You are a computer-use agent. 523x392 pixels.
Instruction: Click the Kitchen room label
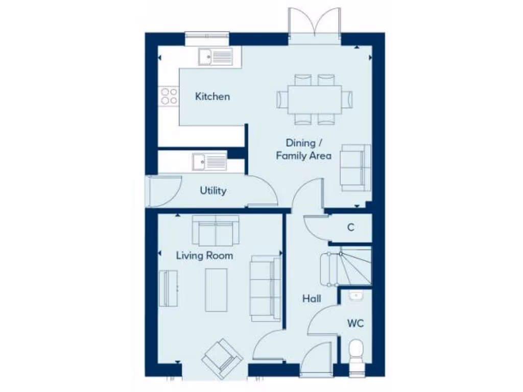212,96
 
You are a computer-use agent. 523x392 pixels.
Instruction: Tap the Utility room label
213,191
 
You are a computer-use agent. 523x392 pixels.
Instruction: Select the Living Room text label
204,255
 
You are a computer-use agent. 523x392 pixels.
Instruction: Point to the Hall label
312,299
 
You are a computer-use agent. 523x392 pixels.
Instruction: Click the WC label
356,323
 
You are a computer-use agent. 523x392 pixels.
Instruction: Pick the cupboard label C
351,228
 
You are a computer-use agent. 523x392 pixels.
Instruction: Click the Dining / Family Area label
303,150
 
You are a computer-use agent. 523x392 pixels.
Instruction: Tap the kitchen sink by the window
215,57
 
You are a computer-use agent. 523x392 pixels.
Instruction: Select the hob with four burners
169,96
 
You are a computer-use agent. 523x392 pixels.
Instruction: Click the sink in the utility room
209,162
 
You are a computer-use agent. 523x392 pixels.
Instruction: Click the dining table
315,99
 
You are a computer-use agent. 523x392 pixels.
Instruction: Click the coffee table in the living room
216,289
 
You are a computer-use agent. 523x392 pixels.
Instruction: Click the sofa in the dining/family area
356,167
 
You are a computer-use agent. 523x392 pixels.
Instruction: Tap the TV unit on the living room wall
168,288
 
